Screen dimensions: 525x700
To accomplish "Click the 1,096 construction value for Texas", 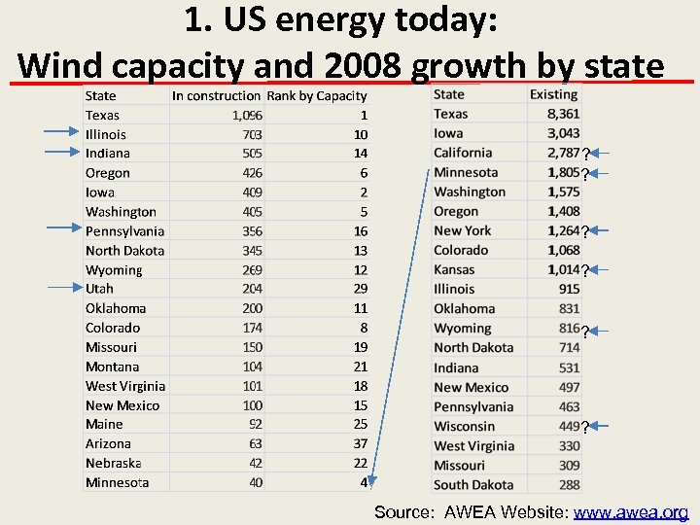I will [247, 115].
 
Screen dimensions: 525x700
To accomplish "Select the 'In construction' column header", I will [216, 95].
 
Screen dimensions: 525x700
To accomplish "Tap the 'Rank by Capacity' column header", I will [317, 95].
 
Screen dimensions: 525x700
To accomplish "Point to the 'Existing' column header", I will [554, 94].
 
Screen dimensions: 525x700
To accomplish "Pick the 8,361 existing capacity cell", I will [563, 114].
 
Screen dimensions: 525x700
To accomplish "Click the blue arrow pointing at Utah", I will [62, 288].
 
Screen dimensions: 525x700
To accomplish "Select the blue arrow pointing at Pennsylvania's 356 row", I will [62, 227].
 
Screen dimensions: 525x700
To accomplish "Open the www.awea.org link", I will [631, 512].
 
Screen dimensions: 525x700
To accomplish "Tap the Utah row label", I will [99, 289].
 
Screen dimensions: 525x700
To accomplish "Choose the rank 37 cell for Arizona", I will [360, 444].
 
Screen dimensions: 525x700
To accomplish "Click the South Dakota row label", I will [473, 484].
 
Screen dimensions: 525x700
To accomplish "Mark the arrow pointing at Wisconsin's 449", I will [598, 426].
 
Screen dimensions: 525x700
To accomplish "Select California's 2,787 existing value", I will [563, 153].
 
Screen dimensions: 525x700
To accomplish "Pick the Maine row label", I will [104, 425].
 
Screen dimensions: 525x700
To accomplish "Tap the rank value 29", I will [360, 289].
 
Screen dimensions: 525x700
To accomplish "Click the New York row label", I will [463, 230].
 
